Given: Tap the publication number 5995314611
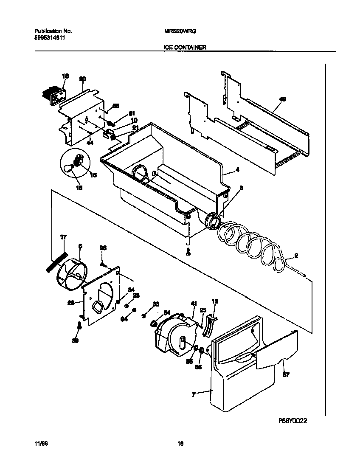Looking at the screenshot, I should (x=49, y=37).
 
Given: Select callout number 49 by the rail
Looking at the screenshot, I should (x=282, y=99).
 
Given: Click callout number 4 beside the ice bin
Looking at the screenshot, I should (x=237, y=170).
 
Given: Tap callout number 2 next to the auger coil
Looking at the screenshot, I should (x=296, y=256).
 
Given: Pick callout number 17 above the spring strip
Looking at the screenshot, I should (x=63, y=238).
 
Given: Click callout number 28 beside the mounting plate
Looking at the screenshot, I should (x=71, y=303).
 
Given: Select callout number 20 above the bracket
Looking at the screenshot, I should (x=83, y=79).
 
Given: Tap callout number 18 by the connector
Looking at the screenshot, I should (x=65, y=76).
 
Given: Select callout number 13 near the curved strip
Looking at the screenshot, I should (x=215, y=301).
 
